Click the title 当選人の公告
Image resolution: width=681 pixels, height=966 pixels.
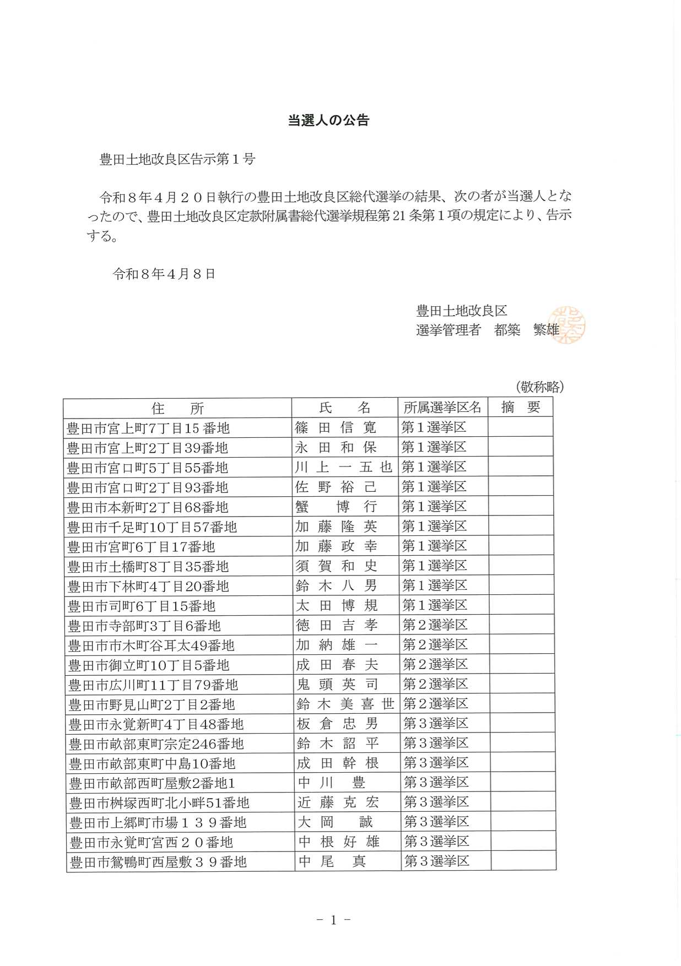click(x=328, y=121)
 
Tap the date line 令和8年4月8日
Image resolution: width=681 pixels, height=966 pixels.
click(x=164, y=274)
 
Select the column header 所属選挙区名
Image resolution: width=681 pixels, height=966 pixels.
click(x=442, y=408)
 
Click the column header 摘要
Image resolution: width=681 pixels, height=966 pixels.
click(x=520, y=408)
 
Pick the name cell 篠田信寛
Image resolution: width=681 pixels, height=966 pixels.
click(x=336, y=427)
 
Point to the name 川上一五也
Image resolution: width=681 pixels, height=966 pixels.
click(x=343, y=467)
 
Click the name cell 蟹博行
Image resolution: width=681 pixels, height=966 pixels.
click(x=336, y=507)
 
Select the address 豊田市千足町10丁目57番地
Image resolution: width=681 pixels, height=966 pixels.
click(x=152, y=527)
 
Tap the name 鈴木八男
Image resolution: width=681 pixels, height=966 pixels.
click(x=336, y=585)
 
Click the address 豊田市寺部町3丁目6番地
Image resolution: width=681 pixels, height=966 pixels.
click(x=144, y=626)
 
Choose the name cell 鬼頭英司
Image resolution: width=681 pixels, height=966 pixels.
click(x=337, y=685)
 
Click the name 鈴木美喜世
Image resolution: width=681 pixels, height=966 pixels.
click(x=345, y=704)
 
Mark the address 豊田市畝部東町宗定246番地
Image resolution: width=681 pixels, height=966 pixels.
click(x=156, y=744)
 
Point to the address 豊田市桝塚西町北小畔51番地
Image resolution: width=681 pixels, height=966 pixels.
click(x=159, y=803)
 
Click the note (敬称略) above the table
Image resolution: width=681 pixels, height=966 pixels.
click(x=540, y=387)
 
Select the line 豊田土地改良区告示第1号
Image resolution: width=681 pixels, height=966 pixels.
click(x=177, y=160)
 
